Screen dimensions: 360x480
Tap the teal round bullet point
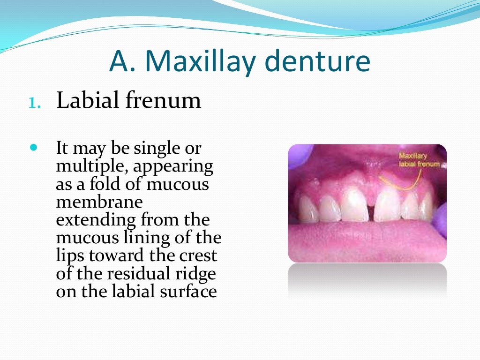pos(33,147)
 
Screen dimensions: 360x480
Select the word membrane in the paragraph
pos(99,202)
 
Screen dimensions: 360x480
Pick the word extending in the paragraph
pos(92,220)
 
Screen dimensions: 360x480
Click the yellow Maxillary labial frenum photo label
pos(419,159)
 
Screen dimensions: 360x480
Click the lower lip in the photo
pos(366,239)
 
